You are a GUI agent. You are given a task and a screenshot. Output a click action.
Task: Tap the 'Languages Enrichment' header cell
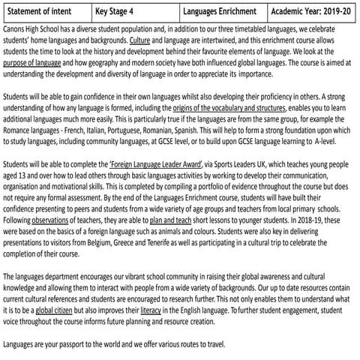click(x=223, y=12)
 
